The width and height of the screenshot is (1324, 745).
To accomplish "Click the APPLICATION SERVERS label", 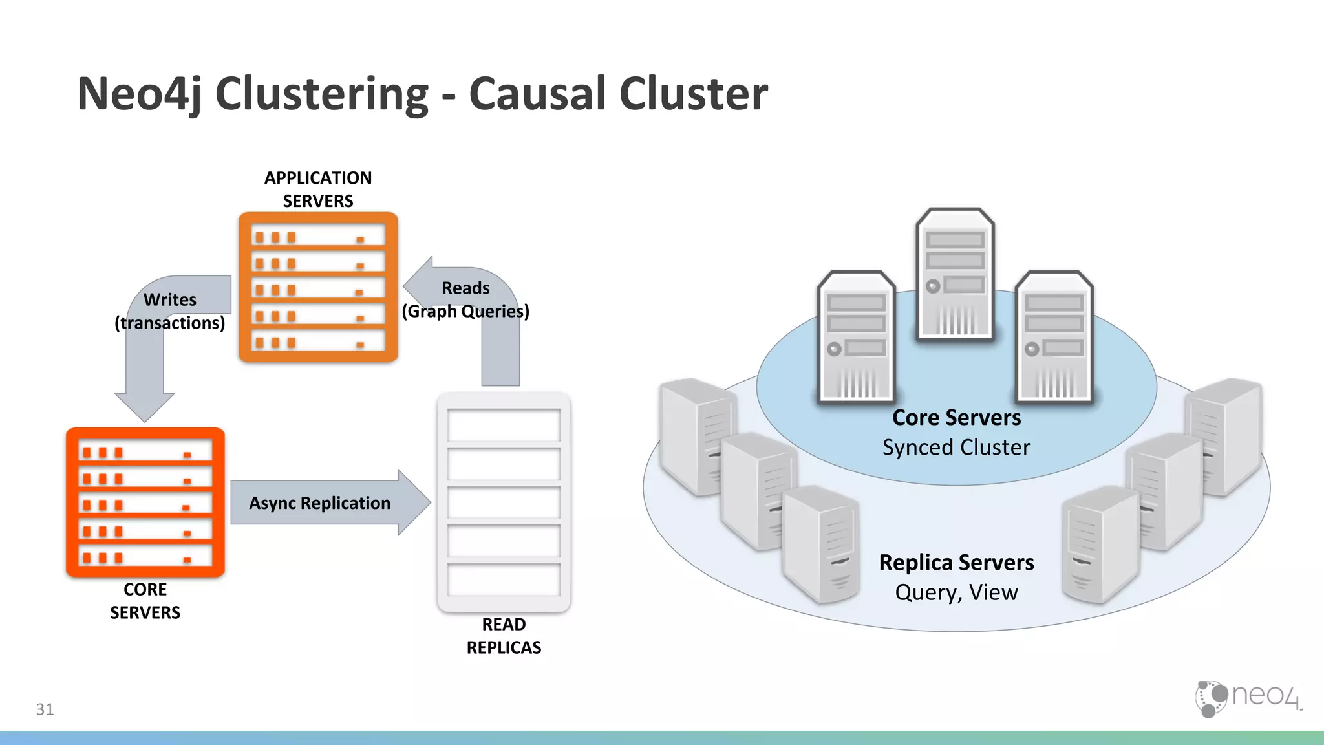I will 318,189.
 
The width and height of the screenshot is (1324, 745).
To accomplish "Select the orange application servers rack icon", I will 318,287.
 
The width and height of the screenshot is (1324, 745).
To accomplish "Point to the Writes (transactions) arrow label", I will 170,311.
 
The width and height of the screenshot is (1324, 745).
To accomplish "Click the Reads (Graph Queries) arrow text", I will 465,299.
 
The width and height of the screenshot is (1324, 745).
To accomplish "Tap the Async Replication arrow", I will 320,503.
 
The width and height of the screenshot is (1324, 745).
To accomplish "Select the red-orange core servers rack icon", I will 145,502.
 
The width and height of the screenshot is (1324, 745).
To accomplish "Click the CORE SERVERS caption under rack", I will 145,601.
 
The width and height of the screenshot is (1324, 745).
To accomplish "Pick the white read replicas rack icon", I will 504,502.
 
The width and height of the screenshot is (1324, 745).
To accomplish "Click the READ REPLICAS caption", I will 504,636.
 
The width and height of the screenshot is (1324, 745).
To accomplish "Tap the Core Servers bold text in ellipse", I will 956,418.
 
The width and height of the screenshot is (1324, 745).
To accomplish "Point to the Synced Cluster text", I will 956,448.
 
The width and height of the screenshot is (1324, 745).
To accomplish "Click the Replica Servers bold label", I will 956,563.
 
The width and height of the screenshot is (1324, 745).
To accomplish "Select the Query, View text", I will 956,592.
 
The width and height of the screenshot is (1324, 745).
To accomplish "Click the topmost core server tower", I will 955,274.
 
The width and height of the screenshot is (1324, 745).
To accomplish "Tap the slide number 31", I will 45,709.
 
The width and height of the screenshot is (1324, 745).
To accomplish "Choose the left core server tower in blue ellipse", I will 856,336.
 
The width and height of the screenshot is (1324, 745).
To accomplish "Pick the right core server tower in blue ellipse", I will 1054,336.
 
